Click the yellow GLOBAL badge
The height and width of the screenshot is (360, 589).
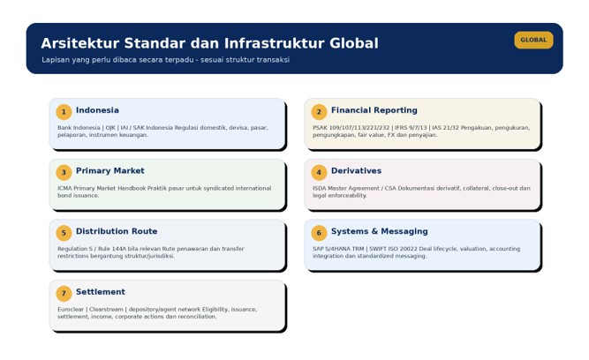click(533, 40)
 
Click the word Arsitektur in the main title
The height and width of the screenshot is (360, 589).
click(80, 43)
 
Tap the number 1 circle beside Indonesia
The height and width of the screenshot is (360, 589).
click(64, 112)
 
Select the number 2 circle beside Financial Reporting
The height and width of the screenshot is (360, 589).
click(319, 112)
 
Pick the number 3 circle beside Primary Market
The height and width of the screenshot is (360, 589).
click(64, 172)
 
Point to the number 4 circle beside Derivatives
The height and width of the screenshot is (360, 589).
click(319, 172)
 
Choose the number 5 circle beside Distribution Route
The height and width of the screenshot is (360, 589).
click(64, 233)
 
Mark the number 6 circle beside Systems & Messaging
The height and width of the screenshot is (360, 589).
click(319, 233)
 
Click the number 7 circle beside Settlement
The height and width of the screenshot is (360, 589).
click(64, 294)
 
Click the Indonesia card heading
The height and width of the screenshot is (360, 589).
click(97, 110)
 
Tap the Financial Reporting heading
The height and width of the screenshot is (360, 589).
click(374, 110)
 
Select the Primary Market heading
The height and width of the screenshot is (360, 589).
click(110, 171)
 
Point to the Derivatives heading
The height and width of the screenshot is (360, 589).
click(356, 171)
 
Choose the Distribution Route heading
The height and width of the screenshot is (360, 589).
click(117, 231)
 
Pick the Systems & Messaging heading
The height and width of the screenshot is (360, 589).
click(380, 231)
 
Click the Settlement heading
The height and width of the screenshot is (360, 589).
click(101, 292)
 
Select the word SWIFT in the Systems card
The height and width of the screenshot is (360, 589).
click(379, 249)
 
